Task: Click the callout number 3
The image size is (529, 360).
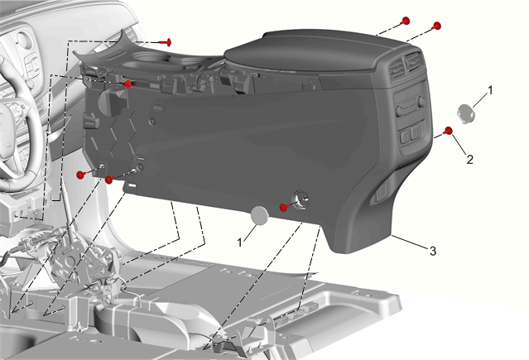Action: point(432,251)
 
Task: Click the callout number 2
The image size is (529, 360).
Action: point(469,159)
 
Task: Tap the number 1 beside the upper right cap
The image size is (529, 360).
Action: point(490,90)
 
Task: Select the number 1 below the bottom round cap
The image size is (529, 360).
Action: point(239,242)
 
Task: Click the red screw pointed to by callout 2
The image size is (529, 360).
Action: point(449,131)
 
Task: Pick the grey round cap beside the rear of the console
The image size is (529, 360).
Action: point(466,113)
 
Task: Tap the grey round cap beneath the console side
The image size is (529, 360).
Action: point(260,215)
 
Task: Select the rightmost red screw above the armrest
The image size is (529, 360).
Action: point(436,26)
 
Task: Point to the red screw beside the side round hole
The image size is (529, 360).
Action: point(284,207)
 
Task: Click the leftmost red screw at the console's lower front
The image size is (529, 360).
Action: point(81,175)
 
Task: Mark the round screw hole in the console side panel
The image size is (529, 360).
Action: point(301,199)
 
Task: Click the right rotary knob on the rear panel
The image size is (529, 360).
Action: point(421,101)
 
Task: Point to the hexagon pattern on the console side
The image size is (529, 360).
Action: point(114,135)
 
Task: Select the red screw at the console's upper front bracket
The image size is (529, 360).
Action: point(127,84)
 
